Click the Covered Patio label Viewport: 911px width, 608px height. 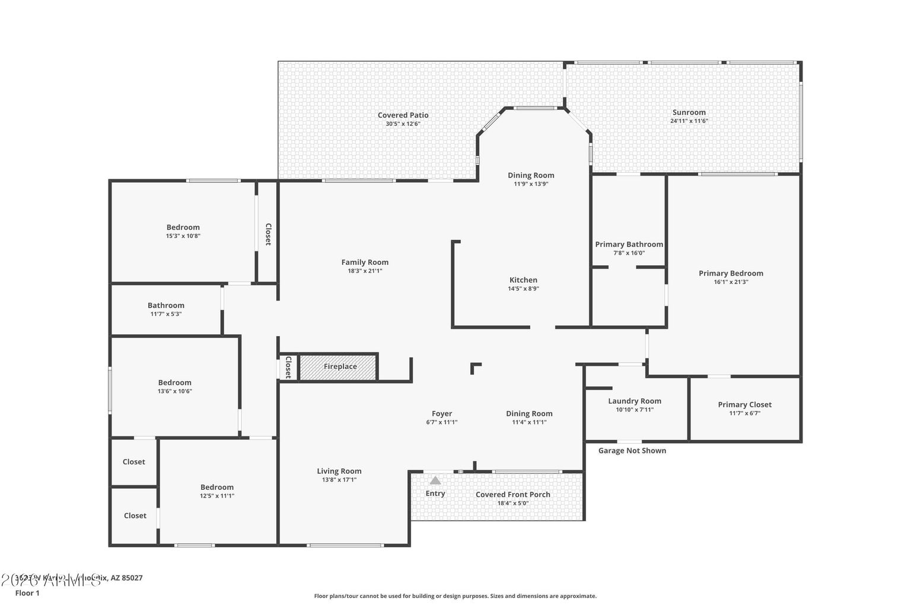point(403,115)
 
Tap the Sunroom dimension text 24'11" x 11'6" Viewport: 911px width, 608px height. point(689,121)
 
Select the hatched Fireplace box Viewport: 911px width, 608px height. point(339,367)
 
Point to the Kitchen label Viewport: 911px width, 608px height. point(523,280)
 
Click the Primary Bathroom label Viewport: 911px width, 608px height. point(629,245)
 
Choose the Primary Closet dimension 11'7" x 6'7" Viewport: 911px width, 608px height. point(744,413)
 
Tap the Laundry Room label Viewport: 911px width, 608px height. point(634,401)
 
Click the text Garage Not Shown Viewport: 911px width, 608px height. point(632,451)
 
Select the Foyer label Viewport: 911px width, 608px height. point(441,414)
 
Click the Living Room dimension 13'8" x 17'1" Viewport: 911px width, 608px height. point(339,480)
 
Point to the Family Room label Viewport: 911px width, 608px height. point(365,262)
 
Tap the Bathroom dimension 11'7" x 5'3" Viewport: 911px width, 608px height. point(165,314)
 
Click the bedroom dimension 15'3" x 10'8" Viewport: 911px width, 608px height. point(183,236)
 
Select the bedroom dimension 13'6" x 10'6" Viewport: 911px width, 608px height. point(174,391)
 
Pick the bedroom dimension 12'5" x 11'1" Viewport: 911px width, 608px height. point(216,496)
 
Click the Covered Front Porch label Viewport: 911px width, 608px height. point(512,495)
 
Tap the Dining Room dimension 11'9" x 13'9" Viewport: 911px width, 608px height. point(531,184)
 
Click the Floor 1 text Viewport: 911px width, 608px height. point(27,593)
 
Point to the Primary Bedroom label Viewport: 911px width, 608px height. point(731,274)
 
